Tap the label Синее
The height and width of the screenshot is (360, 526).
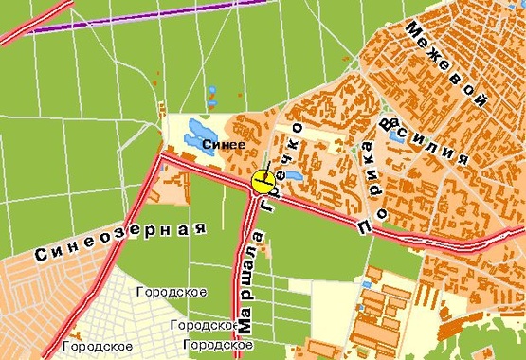point(224,144)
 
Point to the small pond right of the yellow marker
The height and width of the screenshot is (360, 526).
point(291,175)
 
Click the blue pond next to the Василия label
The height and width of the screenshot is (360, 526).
point(394,135)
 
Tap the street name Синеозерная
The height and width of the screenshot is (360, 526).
point(120,241)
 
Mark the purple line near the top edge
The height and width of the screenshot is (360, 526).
point(142,16)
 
